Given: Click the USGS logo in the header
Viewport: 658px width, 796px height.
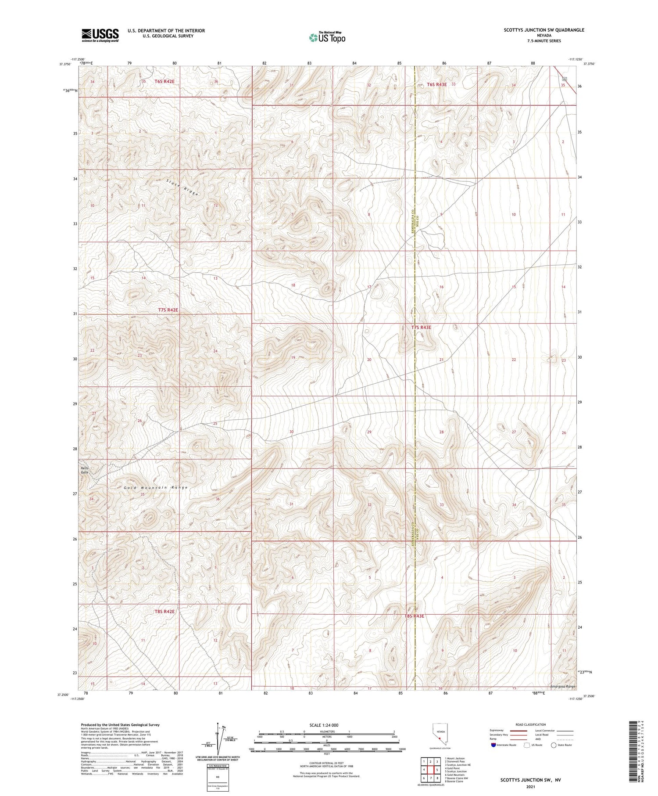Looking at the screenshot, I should (100, 35).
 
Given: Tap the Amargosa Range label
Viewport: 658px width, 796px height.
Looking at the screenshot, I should (563, 686).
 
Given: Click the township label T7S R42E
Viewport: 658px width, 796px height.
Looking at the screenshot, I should (168, 310).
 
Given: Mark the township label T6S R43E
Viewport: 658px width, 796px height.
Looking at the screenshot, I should (436, 84).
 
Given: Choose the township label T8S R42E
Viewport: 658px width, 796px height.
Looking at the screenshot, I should (164, 612).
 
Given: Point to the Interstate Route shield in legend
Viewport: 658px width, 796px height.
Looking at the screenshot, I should (493, 745).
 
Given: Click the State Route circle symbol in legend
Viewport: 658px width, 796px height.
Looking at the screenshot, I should (554, 745).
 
